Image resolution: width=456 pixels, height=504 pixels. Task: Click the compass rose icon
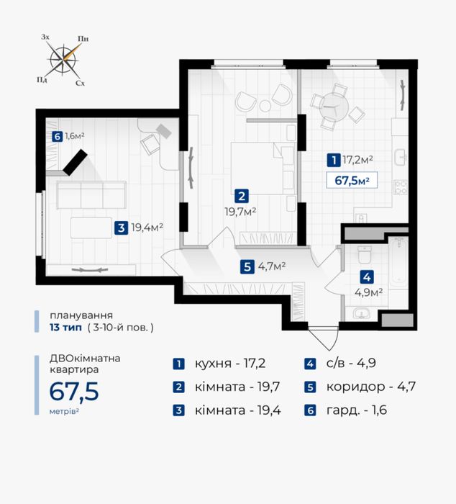63,60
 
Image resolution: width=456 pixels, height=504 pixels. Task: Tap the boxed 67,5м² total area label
352,180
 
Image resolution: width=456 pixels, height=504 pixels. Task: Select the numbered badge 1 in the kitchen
334,160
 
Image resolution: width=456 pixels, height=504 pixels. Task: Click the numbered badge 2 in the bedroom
242,196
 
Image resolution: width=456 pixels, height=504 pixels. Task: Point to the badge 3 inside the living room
121,228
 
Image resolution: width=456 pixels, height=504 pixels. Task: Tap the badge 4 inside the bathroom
367,277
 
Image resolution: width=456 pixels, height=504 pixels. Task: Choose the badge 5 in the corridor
247,267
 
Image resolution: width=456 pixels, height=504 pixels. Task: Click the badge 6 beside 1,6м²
57,137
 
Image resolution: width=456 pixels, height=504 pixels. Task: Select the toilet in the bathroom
365,254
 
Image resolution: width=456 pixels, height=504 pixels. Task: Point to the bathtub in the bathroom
398,263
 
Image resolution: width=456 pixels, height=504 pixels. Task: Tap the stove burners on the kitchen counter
401,188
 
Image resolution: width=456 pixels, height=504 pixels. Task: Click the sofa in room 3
91,195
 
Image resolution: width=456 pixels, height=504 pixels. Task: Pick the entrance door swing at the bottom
324,339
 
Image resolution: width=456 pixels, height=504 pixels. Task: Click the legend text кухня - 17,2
230,364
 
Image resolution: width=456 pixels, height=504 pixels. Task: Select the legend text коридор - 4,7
371,387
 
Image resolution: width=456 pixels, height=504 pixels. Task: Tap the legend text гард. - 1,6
357,410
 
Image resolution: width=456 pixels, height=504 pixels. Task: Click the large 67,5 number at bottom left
74,392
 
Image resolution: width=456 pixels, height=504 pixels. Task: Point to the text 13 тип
66,328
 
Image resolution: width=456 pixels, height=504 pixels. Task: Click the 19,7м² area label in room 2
240,212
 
